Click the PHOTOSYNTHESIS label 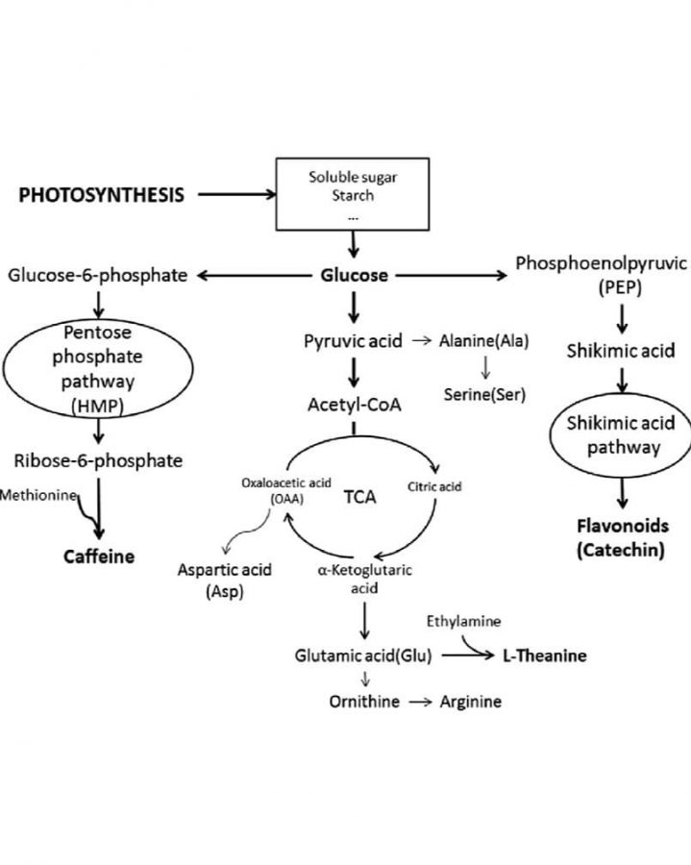pos(102,195)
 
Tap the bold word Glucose pos(354,276)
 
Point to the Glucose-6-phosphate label pos(98,276)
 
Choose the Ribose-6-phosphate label pos(98,460)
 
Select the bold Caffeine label pos(99,556)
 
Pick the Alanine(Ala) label pos(483,341)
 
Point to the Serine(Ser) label pos(484,394)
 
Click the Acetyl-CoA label pos(354,405)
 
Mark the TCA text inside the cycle pos(359,499)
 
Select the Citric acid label pos(435,487)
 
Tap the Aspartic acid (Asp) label pos(225,580)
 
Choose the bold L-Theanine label pos(544,656)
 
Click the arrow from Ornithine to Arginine pos(421,703)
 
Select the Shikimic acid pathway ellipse pos(621,435)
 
